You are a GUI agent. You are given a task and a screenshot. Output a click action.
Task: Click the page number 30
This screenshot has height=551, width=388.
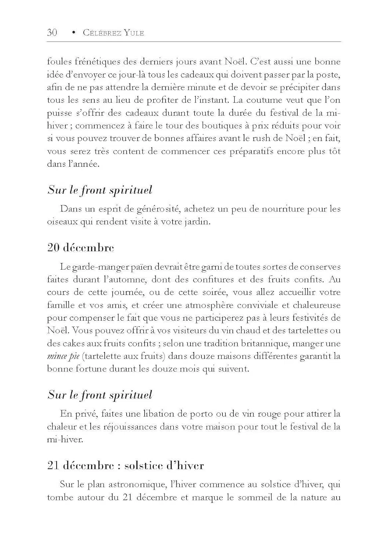point(52,32)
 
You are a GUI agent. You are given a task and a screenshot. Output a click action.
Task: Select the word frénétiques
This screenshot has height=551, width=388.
point(97,62)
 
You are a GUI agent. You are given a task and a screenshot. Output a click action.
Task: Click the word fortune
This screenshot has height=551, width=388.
point(91,369)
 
